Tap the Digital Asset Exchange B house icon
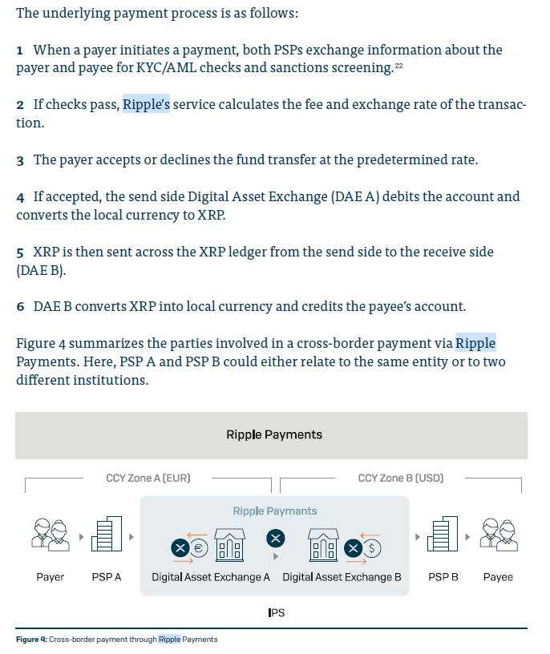(x=324, y=546)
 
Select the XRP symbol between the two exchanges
(x=276, y=536)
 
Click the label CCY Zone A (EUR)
(x=148, y=478)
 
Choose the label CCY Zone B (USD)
(x=400, y=478)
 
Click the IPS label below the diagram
(x=276, y=613)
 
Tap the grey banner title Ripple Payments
(x=274, y=435)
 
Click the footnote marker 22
(x=398, y=65)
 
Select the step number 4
(x=20, y=197)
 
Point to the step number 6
(x=20, y=308)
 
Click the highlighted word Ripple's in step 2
(x=146, y=105)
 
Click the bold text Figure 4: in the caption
(x=31, y=640)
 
